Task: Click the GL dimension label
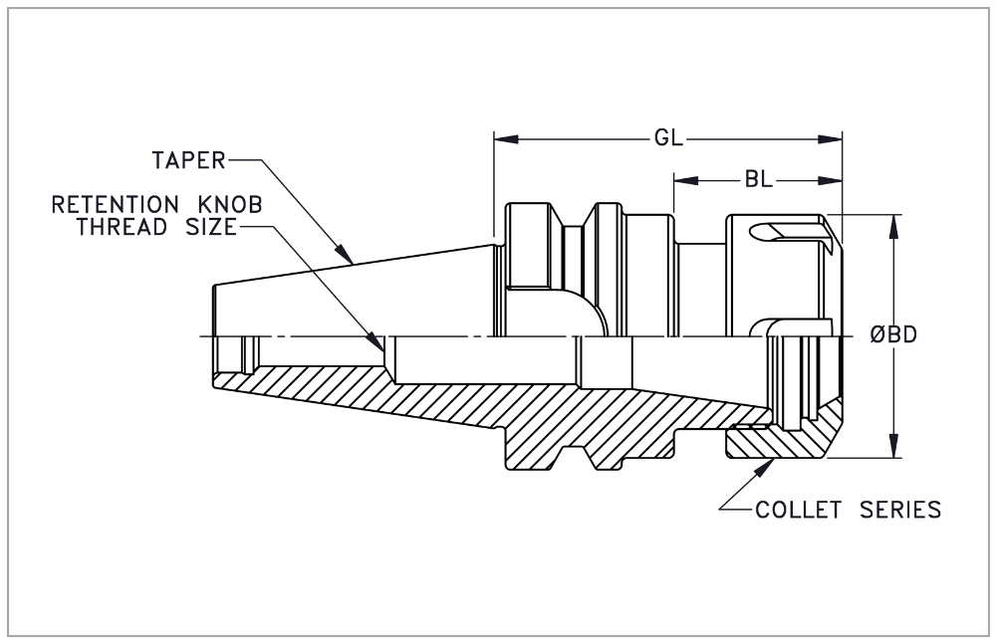coord(667,139)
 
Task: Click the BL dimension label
coord(757,180)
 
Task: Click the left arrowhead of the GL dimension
coord(501,139)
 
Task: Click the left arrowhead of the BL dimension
coord(681,180)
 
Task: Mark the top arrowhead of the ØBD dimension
coord(893,222)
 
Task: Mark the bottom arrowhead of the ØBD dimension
coord(893,450)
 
